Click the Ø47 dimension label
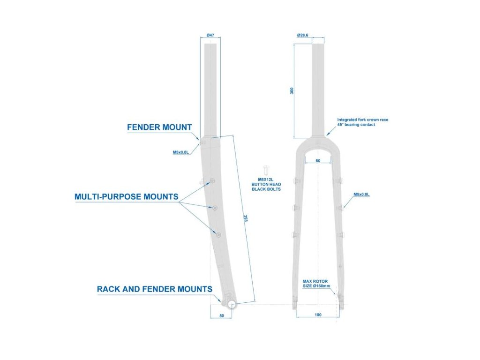(x=210, y=35)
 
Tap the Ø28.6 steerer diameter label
(x=302, y=35)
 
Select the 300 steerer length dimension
(x=292, y=91)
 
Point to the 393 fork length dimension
(x=246, y=219)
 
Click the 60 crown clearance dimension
(x=318, y=160)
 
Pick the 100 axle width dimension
(x=318, y=315)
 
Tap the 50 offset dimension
(x=222, y=316)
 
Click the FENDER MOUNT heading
(x=159, y=127)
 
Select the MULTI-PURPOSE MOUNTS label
(x=126, y=196)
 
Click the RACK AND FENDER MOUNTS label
(x=154, y=289)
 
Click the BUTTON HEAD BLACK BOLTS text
(x=269, y=187)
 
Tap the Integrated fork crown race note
(x=362, y=122)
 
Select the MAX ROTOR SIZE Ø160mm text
(x=316, y=284)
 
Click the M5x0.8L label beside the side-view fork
(x=180, y=152)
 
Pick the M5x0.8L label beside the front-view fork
(x=361, y=195)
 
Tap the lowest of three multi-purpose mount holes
(x=217, y=233)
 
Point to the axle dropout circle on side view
(x=232, y=304)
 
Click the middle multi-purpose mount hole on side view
(x=215, y=207)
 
